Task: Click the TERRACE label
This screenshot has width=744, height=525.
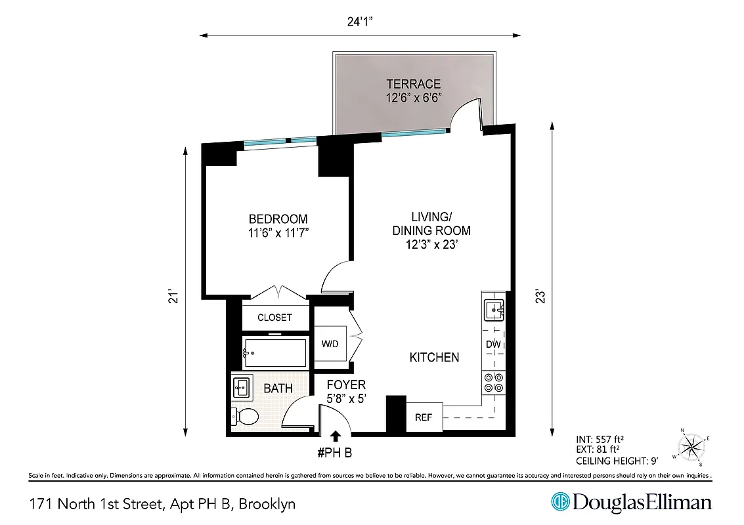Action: pos(413,84)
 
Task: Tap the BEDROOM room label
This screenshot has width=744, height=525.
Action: pos(278,219)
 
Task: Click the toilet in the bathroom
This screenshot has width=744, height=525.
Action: pos(245,415)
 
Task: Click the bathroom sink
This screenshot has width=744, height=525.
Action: pos(241,387)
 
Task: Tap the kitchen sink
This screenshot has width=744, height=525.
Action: pos(493,309)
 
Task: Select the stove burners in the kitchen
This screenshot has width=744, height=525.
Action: pos(493,383)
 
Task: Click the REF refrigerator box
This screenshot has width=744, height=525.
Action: pos(424,417)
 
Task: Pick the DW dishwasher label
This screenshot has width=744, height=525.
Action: pos(493,345)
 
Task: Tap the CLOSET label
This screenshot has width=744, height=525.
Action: pos(274,318)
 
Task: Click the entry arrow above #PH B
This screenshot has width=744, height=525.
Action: pos(336,435)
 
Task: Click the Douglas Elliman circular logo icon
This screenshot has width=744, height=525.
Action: pos(560,502)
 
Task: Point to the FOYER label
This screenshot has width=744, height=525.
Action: pos(346,385)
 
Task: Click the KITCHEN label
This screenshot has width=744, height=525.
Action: pos(434,358)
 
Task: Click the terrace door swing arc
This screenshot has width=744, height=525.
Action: pos(465,112)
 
